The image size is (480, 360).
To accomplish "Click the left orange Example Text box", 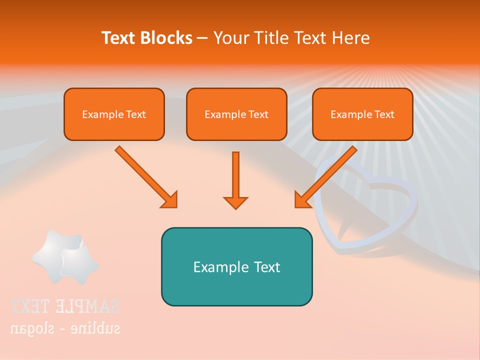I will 114,114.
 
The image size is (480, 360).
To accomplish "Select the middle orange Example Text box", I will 236,114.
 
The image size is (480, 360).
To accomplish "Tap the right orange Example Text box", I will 362,114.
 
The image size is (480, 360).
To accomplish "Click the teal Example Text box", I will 236,266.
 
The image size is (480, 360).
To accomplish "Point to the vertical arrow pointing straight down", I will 235,175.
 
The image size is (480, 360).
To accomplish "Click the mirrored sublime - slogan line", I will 65,328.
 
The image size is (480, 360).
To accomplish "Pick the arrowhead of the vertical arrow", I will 235,202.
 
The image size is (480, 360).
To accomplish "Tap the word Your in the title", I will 229,38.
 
